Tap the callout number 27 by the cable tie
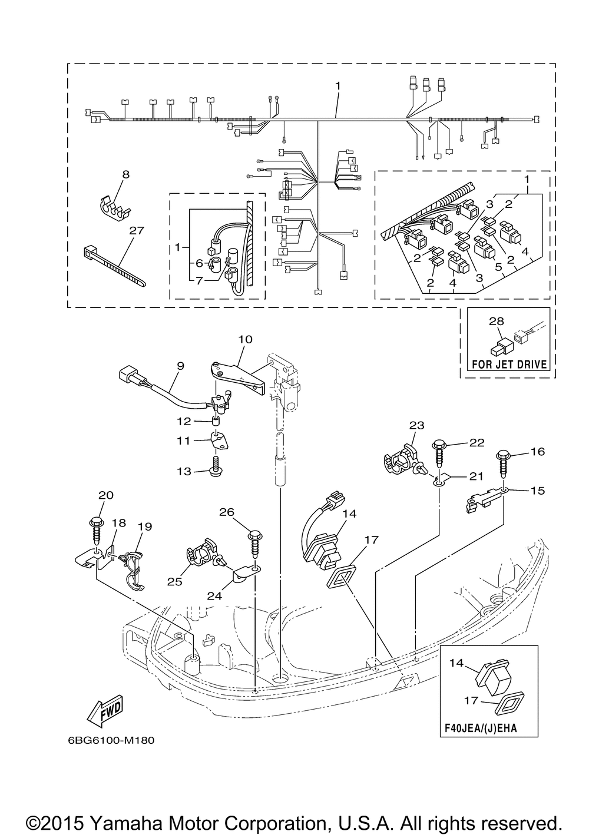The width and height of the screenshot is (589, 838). tap(137, 230)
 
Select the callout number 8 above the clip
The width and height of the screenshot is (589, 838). tap(125, 174)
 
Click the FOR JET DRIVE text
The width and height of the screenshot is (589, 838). tap(509, 364)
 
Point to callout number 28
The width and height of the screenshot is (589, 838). tap(496, 322)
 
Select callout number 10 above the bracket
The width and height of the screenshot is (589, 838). tap(245, 339)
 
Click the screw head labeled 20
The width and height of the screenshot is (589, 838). tap(96, 520)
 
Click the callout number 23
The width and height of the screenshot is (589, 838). tap(417, 425)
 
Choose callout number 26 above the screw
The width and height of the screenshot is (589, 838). tap(227, 512)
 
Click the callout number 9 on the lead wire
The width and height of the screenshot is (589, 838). tap(181, 366)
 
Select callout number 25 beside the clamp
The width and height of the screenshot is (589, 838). tap(175, 582)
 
